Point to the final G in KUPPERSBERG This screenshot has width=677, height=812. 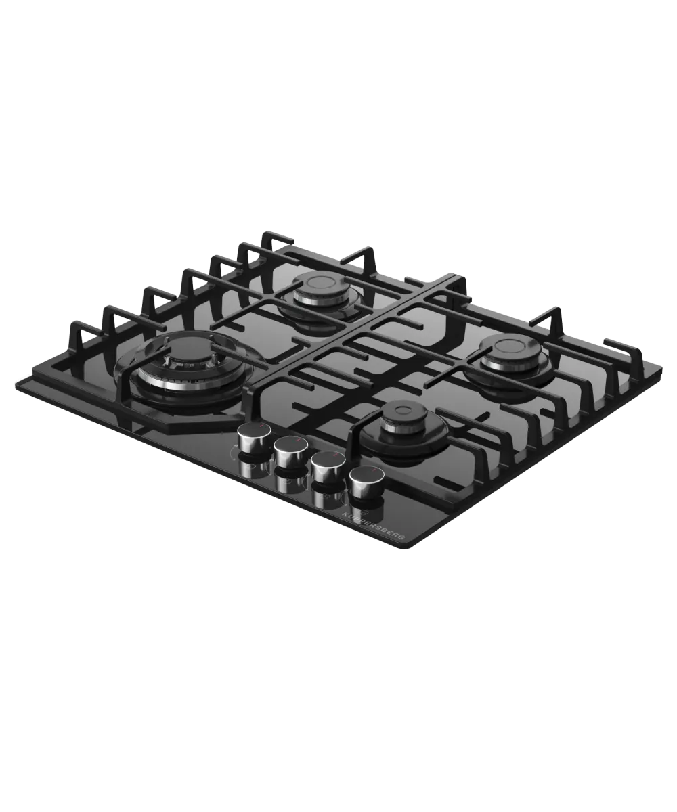point(404,539)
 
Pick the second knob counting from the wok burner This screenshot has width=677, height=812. point(290,451)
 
